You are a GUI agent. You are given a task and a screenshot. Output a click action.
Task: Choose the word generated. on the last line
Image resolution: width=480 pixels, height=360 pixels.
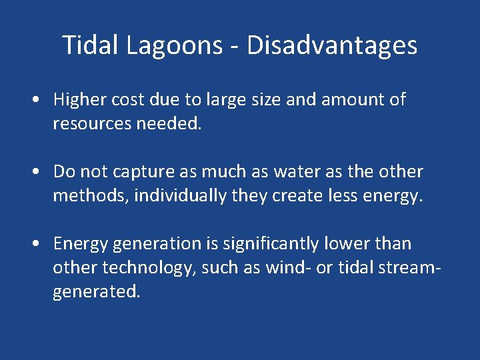coord(97,293)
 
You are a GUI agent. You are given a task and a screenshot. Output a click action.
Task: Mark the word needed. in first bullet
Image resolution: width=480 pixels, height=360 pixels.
coord(171,124)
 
